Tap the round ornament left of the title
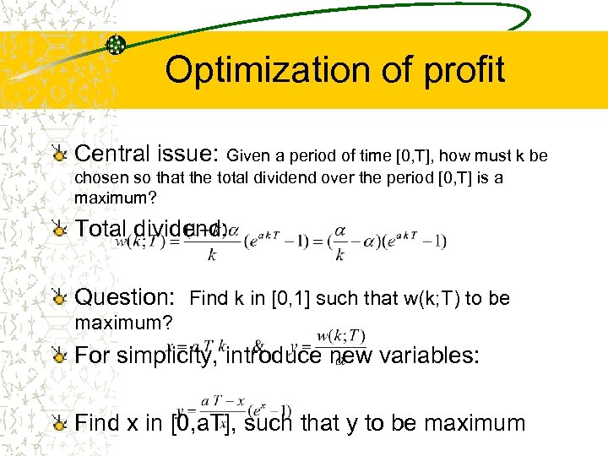point(116,45)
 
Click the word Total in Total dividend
point(101,228)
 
